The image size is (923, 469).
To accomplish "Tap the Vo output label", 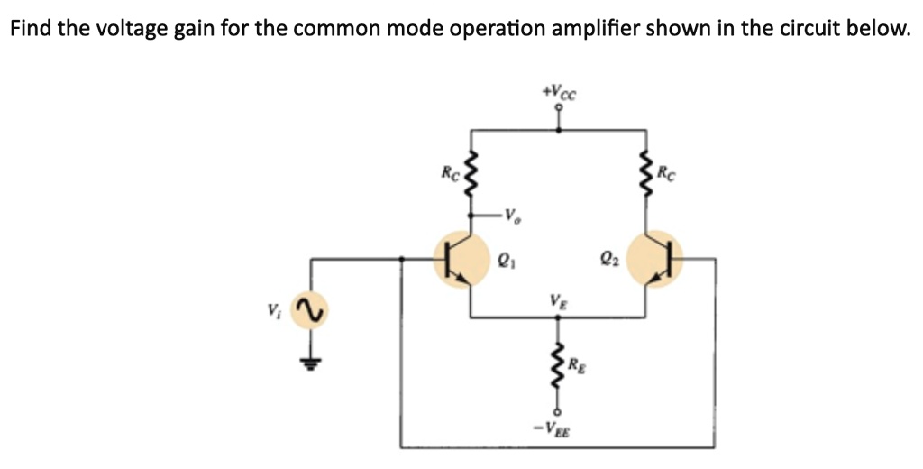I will pyautogui.click(x=513, y=217).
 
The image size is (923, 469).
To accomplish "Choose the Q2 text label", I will pyautogui.click(x=608, y=259).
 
